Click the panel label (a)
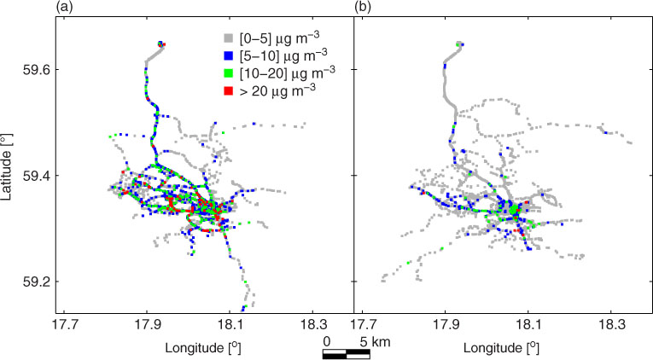(65, 7)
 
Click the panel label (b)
(363, 7)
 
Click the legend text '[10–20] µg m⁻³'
(288, 73)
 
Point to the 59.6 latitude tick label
(36, 69)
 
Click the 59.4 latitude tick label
(36, 176)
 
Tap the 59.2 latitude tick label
(36, 282)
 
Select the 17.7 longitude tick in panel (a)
(64, 325)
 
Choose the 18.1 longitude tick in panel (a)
(229, 325)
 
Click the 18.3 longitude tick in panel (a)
(312, 325)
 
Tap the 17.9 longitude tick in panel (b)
(446, 325)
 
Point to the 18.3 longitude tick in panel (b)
(610, 325)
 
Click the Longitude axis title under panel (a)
(203, 348)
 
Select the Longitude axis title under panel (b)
(501, 348)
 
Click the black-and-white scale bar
(347, 355)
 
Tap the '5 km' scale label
(375, 342)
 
